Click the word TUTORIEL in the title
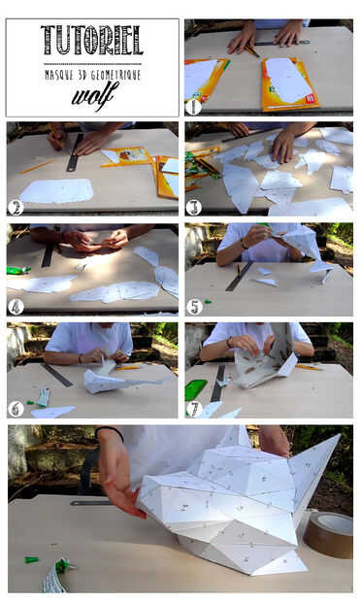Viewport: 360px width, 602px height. (92, 40)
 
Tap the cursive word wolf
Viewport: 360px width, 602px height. (94, 95)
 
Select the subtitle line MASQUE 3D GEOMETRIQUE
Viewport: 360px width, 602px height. (92, 75)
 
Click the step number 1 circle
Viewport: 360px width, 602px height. (193, 107)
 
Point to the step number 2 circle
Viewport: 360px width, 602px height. (16, 208)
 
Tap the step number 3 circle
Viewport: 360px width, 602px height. (193, 208)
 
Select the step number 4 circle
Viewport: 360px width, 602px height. (16, 307)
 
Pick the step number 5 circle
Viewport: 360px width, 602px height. (194, 307)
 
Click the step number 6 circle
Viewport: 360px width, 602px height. (16, 410)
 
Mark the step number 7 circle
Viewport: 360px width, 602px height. (194, 410)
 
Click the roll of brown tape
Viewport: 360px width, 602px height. (329, 534)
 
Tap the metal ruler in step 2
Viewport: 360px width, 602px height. (75, 152)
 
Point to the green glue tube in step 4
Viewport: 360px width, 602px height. (18, 270)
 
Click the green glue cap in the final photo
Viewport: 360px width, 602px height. (32, 560)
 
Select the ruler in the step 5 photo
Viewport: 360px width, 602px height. (239, 277)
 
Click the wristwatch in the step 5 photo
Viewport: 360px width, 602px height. (243, 244)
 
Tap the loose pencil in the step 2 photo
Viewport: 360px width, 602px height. (37, 167)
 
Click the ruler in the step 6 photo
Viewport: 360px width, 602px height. (57, 375)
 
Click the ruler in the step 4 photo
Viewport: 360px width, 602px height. (49, 252)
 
